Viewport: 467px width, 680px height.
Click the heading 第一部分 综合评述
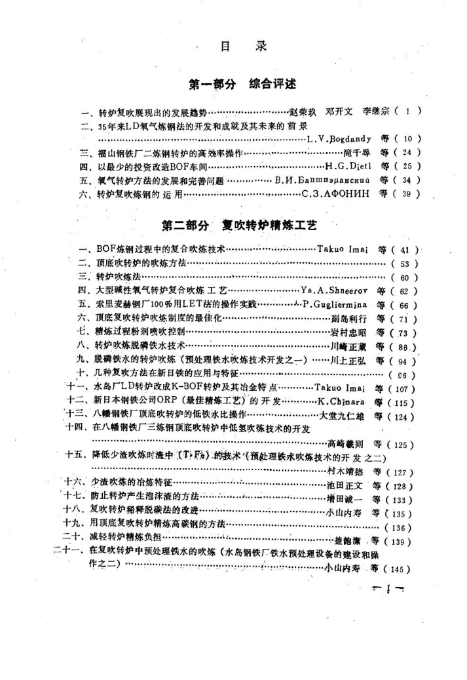pyautogui.click(x=242, y=85)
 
